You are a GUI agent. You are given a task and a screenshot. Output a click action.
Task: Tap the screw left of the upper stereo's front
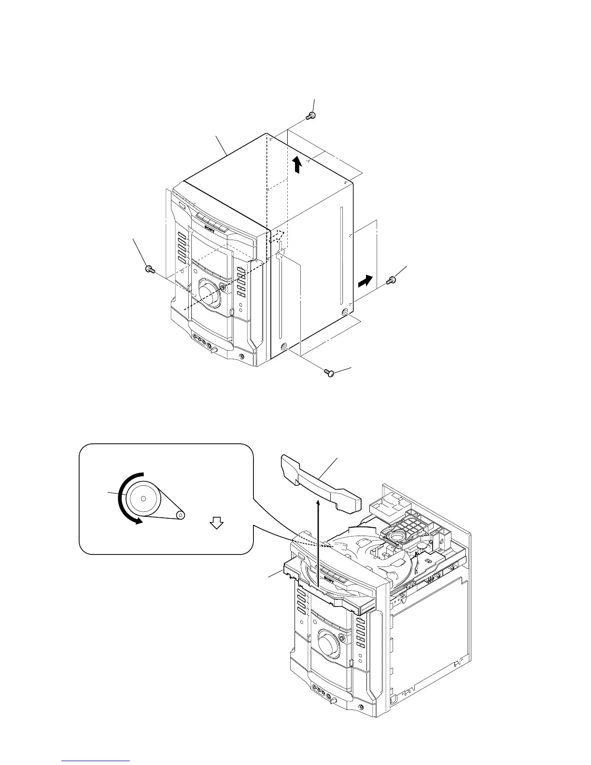[x=149, y=269]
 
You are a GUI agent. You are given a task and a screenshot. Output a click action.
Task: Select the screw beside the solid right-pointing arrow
[x=391, y=280]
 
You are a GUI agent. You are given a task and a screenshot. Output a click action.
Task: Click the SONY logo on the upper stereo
[x=209, y=224]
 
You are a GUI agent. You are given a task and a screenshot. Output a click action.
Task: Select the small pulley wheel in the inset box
[x=180, y=515]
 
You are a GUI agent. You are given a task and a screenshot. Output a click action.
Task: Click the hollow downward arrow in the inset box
[x=217, y=523]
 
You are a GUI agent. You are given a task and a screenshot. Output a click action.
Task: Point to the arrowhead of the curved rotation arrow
[x=139, y=521]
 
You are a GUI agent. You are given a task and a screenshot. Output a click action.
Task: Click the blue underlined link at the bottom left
[x=96, y=762]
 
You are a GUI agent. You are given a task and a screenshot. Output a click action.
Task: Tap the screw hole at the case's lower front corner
[x=284, y=346]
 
